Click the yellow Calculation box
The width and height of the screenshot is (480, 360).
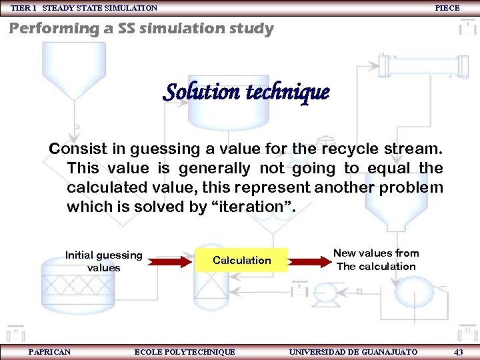(241, 260)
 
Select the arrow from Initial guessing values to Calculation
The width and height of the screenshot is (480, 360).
(170, 261)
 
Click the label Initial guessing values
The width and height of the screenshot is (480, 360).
(103, 261)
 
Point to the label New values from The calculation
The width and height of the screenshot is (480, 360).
(376, 259)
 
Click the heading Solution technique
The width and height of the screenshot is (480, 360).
(246, 91)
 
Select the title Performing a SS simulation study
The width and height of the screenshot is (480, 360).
(141, 29)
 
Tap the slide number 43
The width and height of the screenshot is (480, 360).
(458, 351)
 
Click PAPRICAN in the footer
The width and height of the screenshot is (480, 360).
(50, 351)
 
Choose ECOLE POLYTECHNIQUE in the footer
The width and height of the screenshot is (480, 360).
(185, 351)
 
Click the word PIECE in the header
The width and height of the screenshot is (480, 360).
(447, 8)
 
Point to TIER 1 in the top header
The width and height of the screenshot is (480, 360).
(23, 8)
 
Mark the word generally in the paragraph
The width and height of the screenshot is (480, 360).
(213, 167)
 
